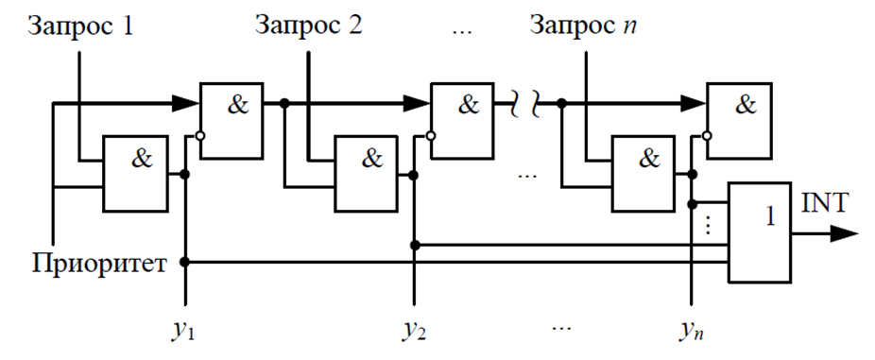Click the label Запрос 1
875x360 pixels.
[x=82, y=25]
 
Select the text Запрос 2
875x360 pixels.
[x=309, y=25]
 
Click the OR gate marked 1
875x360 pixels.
[x=759, y=231]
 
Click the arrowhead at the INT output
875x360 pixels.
[x=845, y=231]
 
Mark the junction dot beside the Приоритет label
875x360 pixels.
[x=185, y=262]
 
